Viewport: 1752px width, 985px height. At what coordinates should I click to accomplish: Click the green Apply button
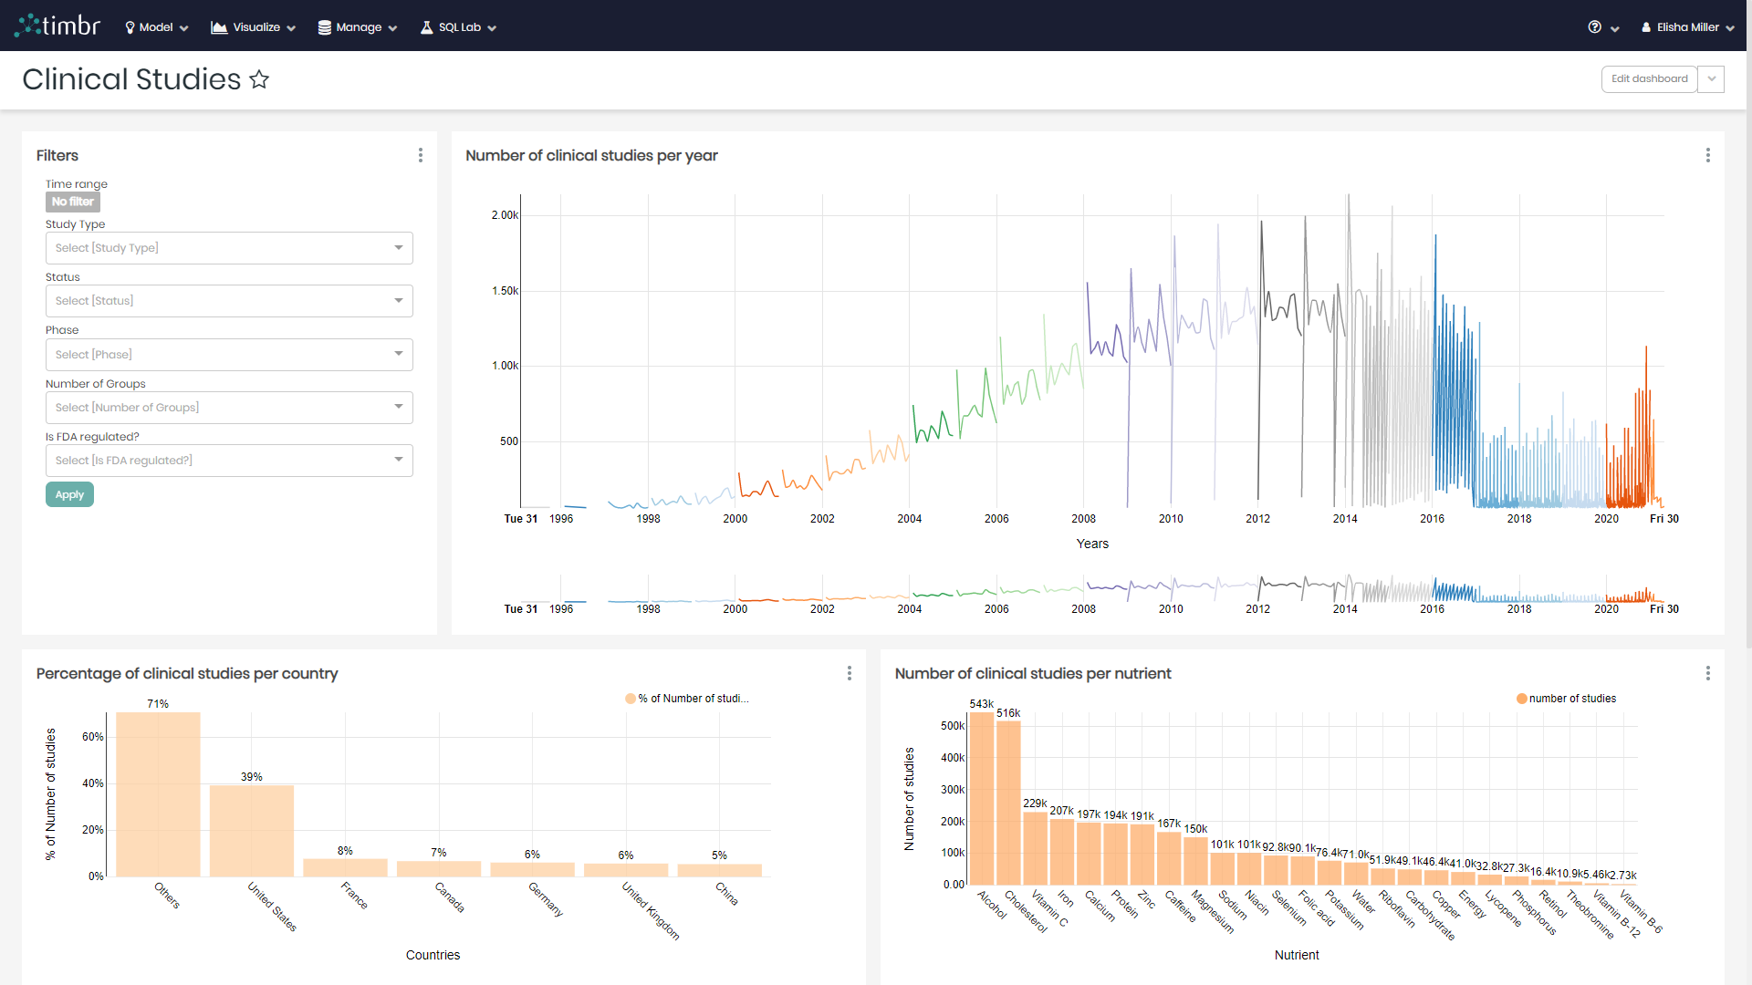69,494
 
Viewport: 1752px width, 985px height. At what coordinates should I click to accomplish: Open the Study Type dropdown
229,248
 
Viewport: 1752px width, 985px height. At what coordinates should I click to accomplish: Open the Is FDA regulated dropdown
229,461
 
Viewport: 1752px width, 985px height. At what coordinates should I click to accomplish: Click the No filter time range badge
73,202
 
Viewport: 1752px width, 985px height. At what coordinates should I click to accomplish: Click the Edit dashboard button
1649,79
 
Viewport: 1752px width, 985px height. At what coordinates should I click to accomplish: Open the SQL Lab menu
458,27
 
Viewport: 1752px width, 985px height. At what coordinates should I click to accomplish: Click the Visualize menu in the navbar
254,27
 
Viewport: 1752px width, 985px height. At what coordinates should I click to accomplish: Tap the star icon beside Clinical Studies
259,80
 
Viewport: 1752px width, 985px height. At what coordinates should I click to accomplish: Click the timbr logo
58,26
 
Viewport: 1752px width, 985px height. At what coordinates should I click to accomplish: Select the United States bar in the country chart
252,830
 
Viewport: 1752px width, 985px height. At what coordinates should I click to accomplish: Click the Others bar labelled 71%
158,793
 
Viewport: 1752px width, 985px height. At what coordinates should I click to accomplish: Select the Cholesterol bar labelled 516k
1008,803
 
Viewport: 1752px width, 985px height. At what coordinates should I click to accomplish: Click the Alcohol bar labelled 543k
981,798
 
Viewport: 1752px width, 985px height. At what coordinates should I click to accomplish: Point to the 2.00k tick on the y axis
504,215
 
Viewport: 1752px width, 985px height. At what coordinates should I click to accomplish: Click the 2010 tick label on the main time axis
1171,519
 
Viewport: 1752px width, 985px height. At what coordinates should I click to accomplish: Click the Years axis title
1092,544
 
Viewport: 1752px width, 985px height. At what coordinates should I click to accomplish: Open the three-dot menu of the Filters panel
421,155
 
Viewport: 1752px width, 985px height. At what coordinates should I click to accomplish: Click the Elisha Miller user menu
1687,27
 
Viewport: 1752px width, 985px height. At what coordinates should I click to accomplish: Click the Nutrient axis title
1297,955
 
